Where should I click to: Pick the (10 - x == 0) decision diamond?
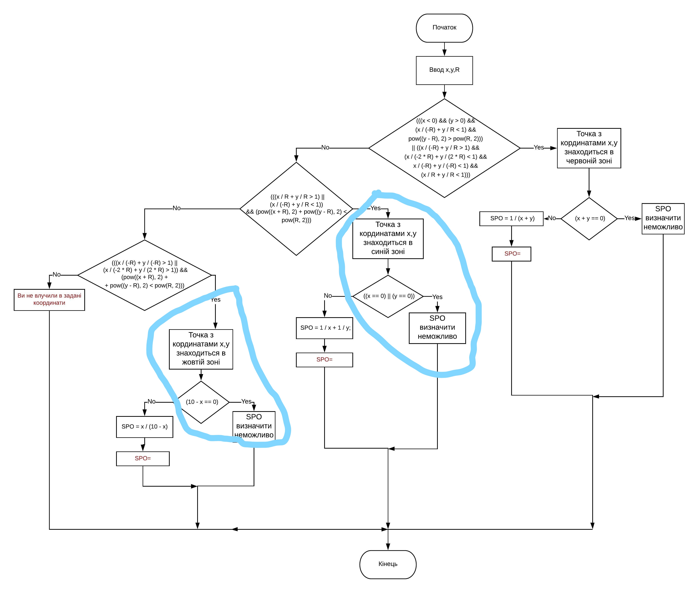coord(201,402)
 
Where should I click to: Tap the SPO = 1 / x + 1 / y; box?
coord(325,328)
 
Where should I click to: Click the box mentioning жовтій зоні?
coord(201,349)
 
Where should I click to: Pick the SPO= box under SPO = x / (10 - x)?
coord(143,459)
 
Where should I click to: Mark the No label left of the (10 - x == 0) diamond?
coord(151,402)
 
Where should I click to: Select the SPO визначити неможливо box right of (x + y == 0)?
coord(663,219)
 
